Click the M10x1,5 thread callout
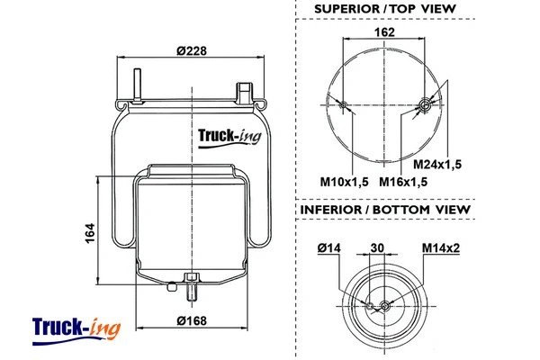click(346, 182)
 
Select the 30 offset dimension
click(377, 247)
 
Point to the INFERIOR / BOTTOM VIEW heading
click(384, 210)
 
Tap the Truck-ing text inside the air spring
click(225, 137)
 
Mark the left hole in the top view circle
click(344, 107)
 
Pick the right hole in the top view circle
click(423, 107)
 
